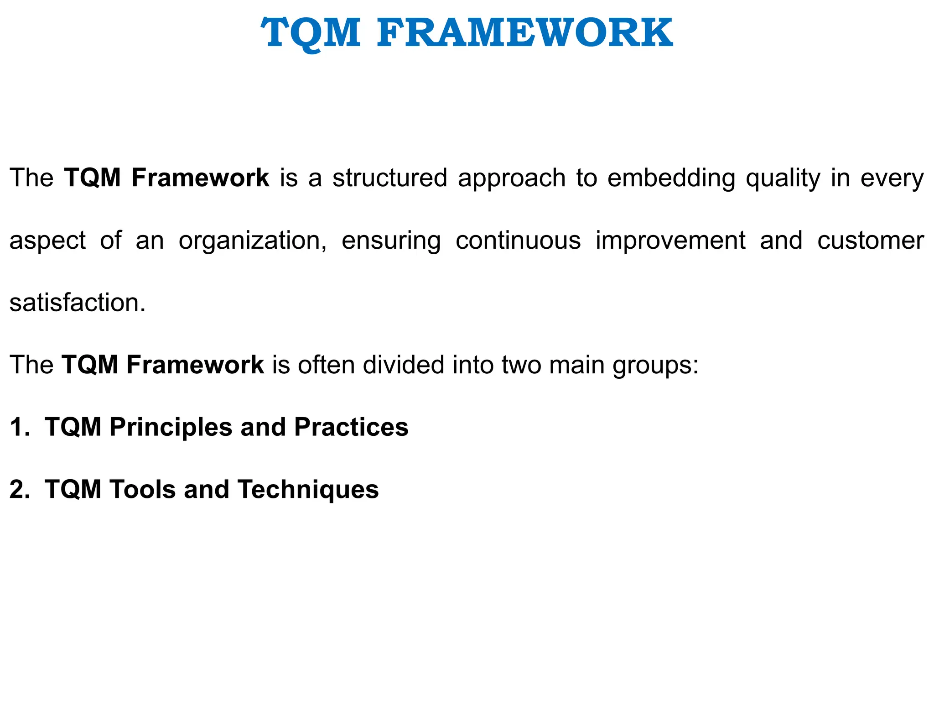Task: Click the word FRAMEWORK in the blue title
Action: coord(524,33)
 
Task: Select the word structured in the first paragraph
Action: coord(389,178)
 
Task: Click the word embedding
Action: coord(671,178)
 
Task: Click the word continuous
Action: coord(518,241)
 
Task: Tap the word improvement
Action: coord(670,241)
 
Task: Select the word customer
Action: coord(870,241)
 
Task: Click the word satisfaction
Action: coord(78,303)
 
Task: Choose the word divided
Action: coord(403,365)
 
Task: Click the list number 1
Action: coord(19,427)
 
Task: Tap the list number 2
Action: coord(19,489)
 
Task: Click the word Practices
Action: coord(351,427)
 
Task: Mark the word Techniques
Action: coord(308,490)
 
